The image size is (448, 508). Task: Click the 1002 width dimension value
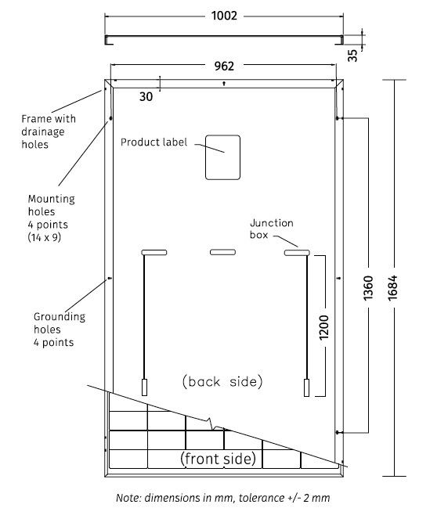(224, 16)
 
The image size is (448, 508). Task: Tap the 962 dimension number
(224, 66)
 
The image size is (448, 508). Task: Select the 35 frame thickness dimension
(352, 56)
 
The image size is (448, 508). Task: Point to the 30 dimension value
(146, 96)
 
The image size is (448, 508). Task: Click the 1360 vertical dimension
(368, 288)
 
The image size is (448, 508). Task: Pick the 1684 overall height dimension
(392, 288)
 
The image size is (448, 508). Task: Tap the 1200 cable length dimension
(323, 327)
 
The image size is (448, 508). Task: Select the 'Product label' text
(154, 142)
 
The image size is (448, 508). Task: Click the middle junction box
(222, 252)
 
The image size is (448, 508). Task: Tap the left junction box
(154, 252)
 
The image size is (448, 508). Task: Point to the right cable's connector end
(307, 387)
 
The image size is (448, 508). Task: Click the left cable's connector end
(145, 387)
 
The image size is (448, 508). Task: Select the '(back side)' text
(222, 381)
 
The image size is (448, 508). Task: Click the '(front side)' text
(219, 459)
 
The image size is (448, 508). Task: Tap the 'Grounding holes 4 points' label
(60, 330)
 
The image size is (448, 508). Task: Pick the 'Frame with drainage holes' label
(49, 132)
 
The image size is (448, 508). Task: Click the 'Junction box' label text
(271, 229)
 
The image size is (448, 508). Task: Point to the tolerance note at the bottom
(223, 498)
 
